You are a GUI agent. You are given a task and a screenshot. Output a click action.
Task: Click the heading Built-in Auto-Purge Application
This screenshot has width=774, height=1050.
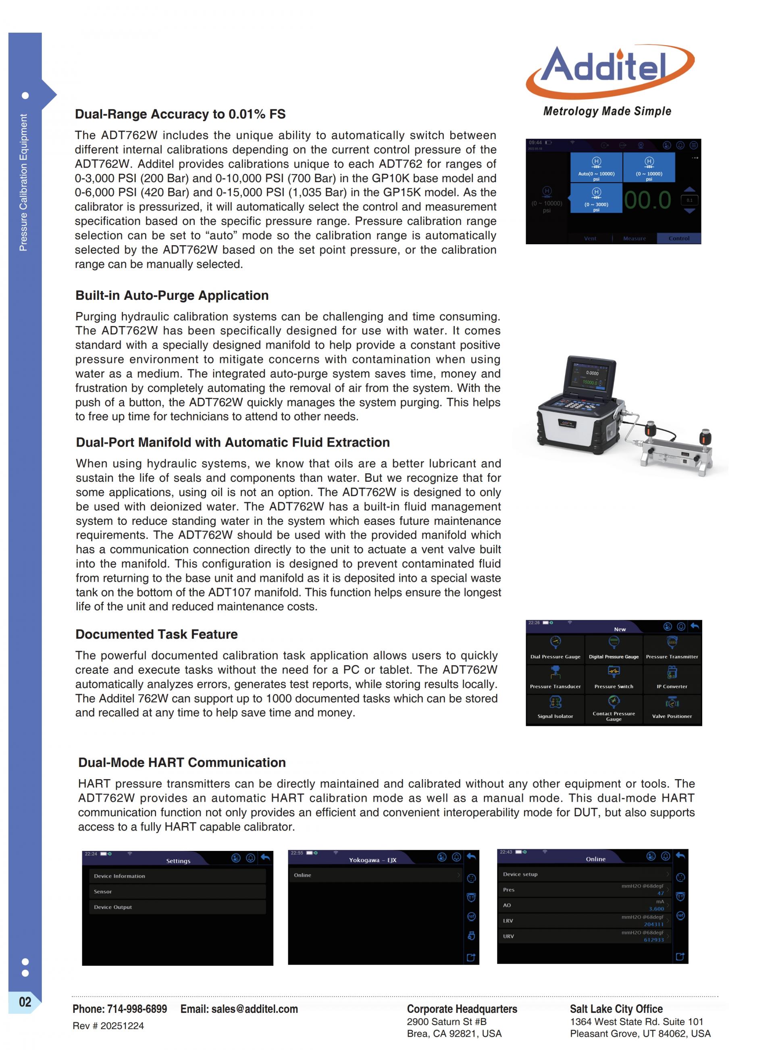172,295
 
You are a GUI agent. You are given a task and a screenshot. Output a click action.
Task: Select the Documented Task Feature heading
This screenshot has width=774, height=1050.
156,634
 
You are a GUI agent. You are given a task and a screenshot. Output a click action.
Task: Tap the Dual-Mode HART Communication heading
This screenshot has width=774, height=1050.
182,763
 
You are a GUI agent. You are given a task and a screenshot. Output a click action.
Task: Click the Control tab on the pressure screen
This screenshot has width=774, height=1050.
678,238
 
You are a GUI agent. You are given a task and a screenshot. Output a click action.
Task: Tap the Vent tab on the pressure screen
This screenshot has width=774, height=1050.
590,238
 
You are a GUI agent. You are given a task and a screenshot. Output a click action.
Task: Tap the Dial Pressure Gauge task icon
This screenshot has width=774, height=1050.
555,642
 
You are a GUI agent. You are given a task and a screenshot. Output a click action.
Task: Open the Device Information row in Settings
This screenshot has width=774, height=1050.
177,876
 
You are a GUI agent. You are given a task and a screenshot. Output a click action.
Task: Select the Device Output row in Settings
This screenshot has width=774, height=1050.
177,907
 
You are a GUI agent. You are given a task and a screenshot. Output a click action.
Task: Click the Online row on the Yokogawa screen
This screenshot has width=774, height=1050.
375,875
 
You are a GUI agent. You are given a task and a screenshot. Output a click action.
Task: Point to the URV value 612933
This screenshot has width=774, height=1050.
653,940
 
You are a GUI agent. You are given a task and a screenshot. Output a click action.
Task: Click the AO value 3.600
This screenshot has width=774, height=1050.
656,909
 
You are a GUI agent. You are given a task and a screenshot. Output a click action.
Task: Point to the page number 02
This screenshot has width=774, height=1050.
25,1002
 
